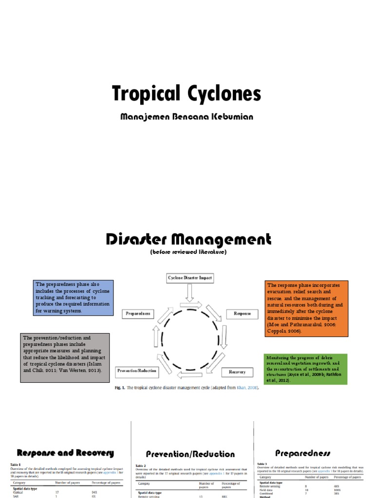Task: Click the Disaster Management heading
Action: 188,239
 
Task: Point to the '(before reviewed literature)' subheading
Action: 188,252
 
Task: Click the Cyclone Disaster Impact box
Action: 190,278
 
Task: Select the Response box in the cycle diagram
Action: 242,314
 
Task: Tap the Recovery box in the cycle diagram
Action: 237,372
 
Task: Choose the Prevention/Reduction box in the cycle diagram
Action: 137,371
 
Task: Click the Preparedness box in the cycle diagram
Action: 138,314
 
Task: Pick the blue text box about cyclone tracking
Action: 73,298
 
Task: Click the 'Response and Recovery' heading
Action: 65,453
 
